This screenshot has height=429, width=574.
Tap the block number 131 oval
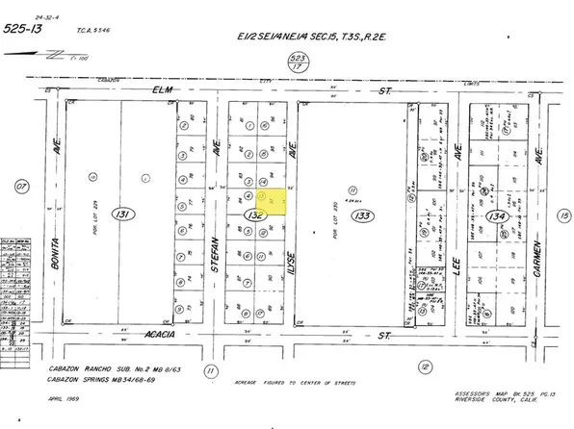pos(121,213)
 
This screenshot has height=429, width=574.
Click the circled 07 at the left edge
pos(20,186)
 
